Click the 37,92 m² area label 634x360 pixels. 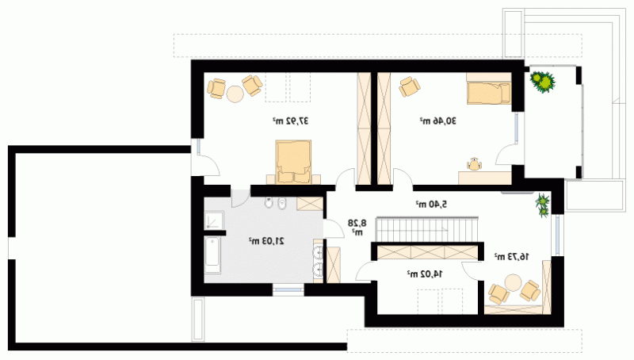[x=290, y=121]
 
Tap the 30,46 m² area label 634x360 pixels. [x=438, y=121]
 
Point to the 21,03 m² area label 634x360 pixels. [x=266, y=241]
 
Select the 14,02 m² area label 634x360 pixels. [x=425, y=274]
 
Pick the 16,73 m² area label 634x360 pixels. [x=511, y=256]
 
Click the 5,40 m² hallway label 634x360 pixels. [x=431, y=205]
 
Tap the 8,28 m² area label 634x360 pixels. [x=357, y=227]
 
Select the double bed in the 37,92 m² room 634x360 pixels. [x=293, y=162]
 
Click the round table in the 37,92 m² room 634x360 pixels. [x=235, y=94]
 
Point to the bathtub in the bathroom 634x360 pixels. [x=212, y=255]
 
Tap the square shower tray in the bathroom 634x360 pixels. [x=213, y=220]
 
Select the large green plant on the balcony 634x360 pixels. [x=543, y=82]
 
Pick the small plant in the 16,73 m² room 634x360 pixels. [x=543, y=205]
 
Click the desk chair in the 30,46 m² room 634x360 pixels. [x=474, y=164]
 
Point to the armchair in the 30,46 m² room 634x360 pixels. [x=410, y=86]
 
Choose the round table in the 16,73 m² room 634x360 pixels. [x=513, y=283]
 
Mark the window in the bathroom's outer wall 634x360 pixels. [x=288, y=289]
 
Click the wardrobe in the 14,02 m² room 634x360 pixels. [x=427, y=253]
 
